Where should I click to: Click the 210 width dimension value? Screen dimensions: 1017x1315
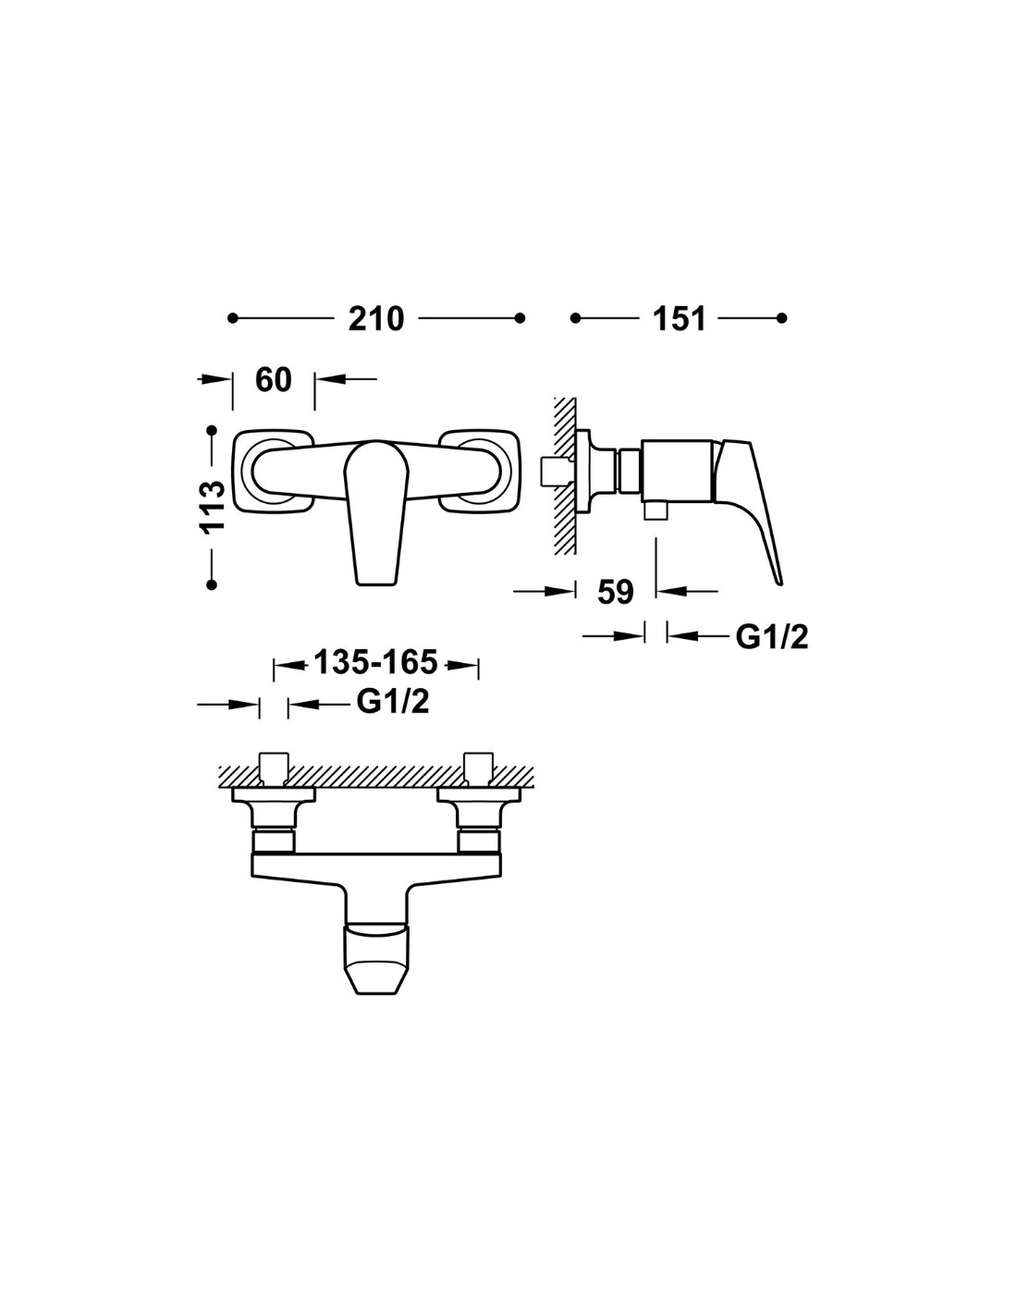375,318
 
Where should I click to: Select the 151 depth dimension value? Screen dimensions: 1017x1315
679,318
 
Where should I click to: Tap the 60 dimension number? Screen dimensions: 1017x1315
274,379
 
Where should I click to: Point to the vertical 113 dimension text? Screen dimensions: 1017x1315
213,507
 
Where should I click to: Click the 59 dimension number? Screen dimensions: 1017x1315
615,591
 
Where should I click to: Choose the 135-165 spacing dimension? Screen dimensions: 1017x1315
375,663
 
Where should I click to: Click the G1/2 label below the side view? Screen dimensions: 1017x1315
772,636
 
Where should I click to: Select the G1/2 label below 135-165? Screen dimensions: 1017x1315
393,702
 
